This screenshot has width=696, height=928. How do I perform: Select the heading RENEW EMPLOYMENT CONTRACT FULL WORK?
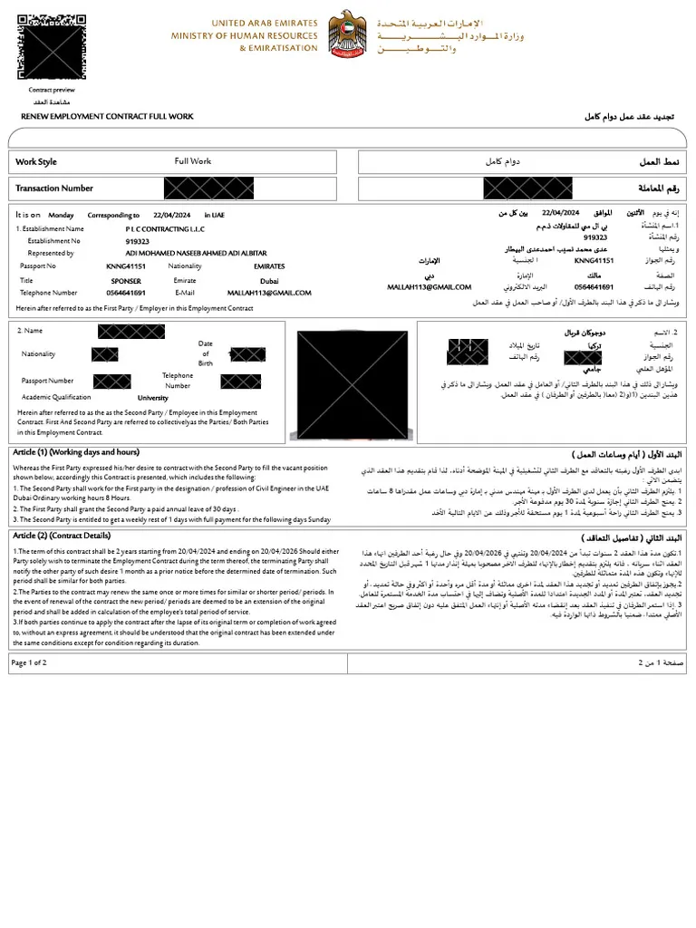tap(107, 117)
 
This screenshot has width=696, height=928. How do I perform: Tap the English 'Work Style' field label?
tap(36, 162)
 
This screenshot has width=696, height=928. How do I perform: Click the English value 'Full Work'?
tap(193, 161)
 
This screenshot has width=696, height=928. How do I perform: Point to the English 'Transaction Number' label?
tap(54, 188)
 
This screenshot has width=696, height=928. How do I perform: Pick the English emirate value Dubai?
tap(269, 281)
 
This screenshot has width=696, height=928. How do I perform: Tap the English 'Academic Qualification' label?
tap(56, 397)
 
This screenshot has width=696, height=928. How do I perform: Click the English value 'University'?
tap(153, 398)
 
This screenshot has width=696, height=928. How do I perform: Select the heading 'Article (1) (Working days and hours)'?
tap(76, 452)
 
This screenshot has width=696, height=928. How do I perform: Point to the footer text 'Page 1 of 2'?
tap(29, 662)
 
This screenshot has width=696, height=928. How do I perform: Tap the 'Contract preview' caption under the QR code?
tap(52, 91)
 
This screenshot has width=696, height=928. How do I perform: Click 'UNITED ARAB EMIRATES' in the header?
tap(265, 23)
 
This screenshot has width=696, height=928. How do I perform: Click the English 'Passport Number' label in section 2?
tap(48, 381)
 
